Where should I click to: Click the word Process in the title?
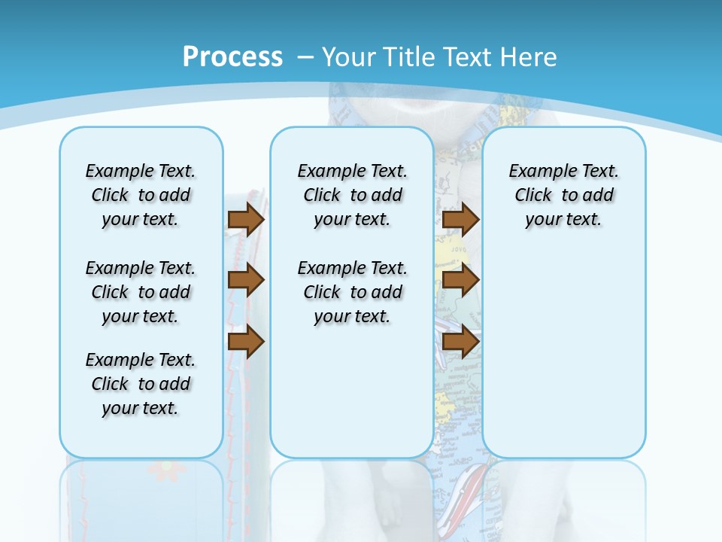point(232,56)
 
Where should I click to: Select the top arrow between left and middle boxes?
point(246,219)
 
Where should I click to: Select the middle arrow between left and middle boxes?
point(246,280)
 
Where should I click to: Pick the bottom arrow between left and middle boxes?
point(246,342)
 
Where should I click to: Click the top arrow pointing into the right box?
point(460,219)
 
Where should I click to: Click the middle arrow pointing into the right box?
point(460,280)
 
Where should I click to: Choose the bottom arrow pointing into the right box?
point(460,342)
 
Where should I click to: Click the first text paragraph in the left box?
point(141,195)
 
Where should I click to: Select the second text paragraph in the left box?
point(141,292)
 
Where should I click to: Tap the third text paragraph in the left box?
point(141,384)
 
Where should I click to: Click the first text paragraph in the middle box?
point(352,195)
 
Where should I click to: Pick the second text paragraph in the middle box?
point(352,292)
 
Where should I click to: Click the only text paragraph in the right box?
point(563,195)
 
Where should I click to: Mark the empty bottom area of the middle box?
point(352,399)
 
